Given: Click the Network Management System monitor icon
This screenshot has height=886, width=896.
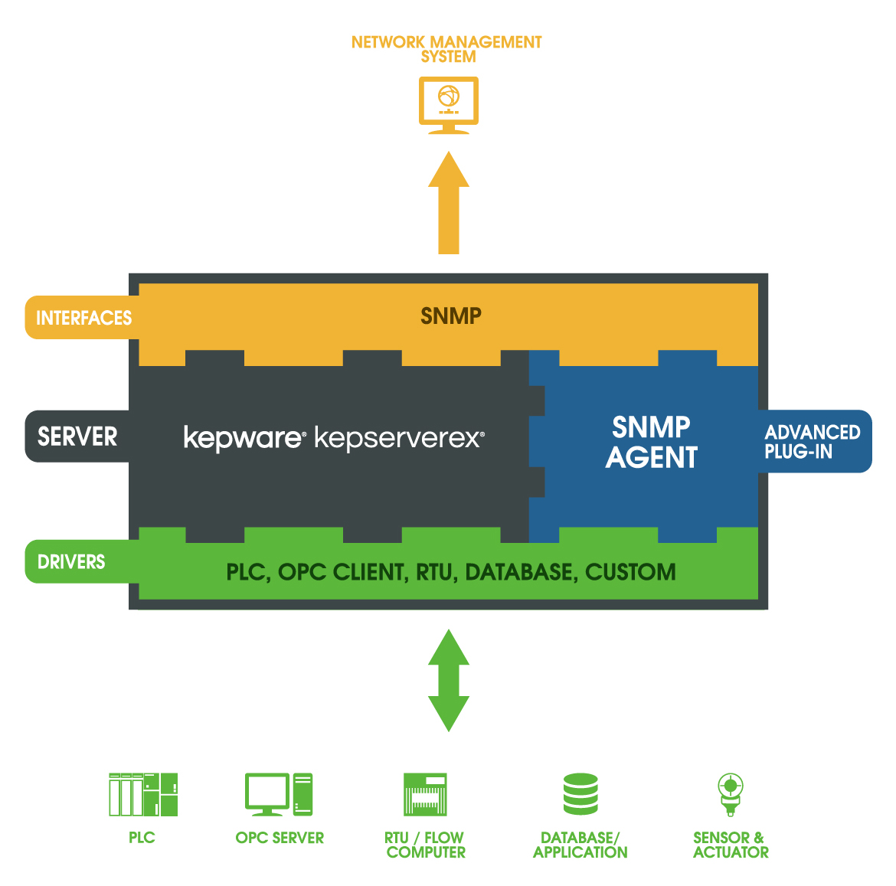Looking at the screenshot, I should click(x=449, y=104).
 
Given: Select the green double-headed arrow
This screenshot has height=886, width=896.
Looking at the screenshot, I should click(x=449, y=680).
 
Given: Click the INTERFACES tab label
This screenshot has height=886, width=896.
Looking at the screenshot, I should click(x=83, y=318).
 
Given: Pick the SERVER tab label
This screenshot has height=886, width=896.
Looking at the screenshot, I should click(x=77, y=436).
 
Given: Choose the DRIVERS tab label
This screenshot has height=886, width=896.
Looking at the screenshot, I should click(x=71, y=562).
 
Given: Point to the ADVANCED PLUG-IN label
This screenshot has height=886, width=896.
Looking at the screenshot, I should click(x=812, y=442).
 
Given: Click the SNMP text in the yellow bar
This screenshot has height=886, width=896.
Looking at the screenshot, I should click(x=451, y=316).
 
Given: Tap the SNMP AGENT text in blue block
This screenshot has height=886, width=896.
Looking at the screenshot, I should click(x=652, y=442).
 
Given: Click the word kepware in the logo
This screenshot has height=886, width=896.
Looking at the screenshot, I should click(x=244, y=437).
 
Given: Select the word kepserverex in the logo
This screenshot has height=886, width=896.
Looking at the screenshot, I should click(x=398, y=437).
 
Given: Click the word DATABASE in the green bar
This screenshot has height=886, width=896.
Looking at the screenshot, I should click(x=519, y=572).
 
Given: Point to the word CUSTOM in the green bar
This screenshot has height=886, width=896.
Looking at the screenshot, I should click(x=630, y=572).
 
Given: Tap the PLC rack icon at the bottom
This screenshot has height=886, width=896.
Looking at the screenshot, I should click(x=143, y=794).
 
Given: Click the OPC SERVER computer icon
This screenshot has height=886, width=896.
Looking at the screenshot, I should click(x=279, y=794).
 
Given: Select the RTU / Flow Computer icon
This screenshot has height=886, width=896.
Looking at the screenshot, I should click(x=425, y=794).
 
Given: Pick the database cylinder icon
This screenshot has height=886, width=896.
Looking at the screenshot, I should click(x=580, y=794).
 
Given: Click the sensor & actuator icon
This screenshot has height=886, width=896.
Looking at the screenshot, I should click(x=731, y=794).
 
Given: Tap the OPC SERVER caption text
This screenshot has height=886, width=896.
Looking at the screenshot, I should click(x=280, y=838).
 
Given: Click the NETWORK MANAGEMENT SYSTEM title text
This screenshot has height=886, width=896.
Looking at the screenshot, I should click(x=446, y=49).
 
